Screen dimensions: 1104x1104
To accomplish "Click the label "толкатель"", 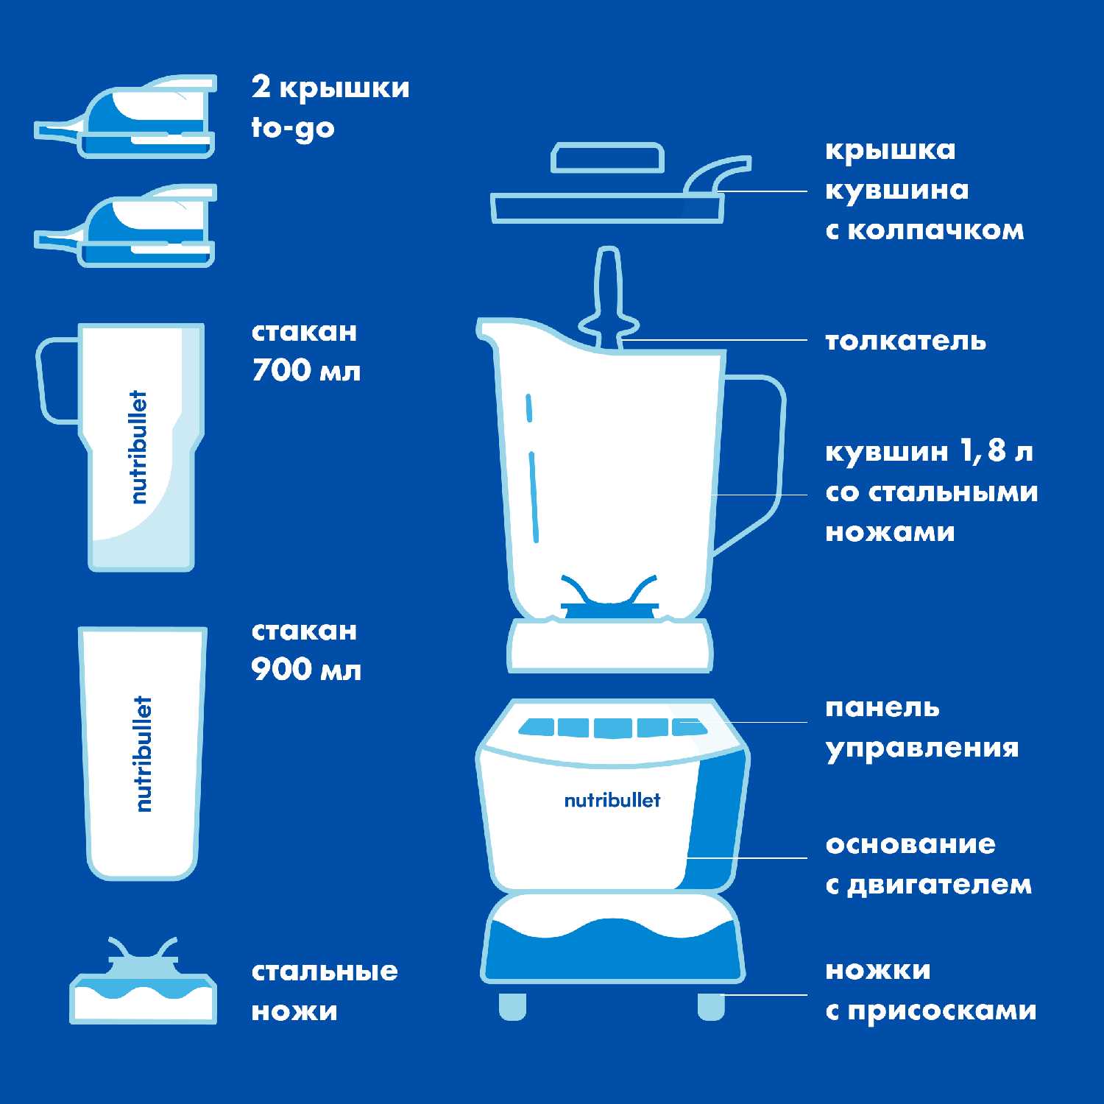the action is [905, 341].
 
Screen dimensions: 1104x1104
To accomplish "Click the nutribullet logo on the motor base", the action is [612, 800].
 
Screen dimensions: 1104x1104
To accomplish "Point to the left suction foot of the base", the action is [512, 1005].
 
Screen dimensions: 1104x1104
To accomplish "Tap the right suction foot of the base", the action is [711, 1005].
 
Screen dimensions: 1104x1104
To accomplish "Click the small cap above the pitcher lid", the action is [608, 158].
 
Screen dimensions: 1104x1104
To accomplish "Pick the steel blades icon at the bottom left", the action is [144, 980].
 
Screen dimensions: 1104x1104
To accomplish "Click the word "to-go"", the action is [293, 128].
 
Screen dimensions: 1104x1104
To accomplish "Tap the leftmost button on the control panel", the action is [537, 728].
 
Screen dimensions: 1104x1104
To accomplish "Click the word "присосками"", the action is [941, 1012].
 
